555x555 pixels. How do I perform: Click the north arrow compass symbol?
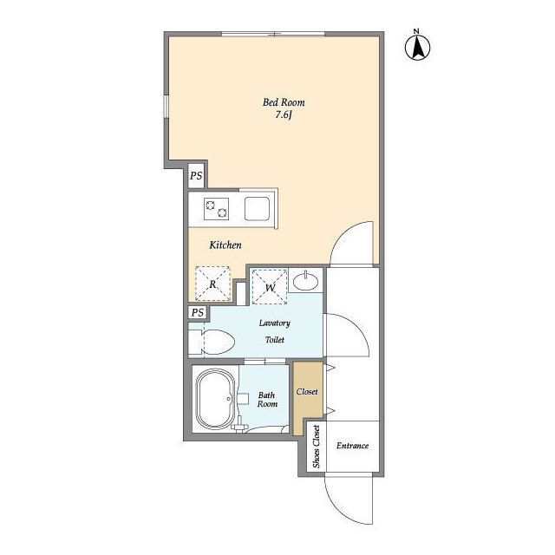tap(417, 46)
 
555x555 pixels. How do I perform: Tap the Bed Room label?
tap(284, 102)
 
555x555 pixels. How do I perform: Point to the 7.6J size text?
tap(284, 114)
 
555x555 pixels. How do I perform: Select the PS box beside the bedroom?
tap(196, 175)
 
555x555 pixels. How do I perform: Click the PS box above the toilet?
tap(198, 312)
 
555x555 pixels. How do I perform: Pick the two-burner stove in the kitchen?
tap(216, 209)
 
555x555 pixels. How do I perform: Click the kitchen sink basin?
tap(257, 209)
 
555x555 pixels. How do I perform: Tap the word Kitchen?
tap(225, 245)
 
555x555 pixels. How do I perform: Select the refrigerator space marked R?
tap(212, 284)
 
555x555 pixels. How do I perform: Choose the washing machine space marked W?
tap(269, 287)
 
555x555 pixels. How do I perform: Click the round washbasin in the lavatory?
tap(306, 282)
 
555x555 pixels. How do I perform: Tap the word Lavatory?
tap(275, 323)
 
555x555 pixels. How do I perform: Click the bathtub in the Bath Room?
tap(216, 400)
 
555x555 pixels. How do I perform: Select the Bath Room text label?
tap(267, 400)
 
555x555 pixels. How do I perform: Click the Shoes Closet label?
tap(316, 447)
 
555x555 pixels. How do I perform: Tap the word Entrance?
tap(353, 446)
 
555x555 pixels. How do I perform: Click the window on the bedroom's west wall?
tap(166, 106)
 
